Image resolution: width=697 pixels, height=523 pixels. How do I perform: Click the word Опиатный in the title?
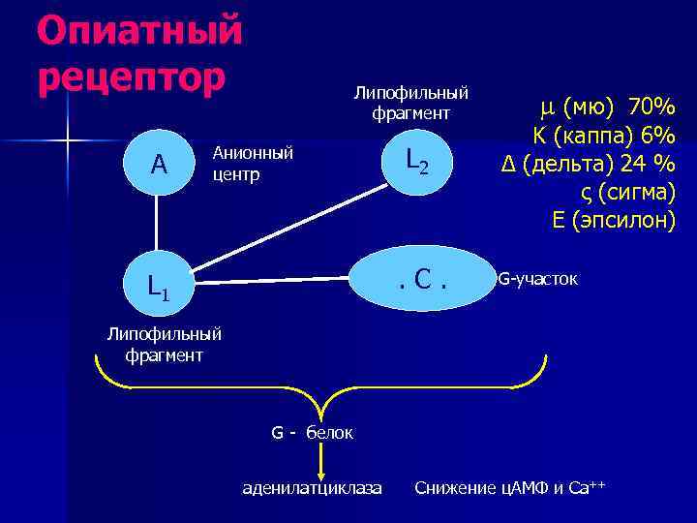click(x=139, y=31)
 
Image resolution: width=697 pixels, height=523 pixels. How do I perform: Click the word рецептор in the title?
click(x=131, y=76)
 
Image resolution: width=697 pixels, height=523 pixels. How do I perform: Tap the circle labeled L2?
click(x=415, y=163)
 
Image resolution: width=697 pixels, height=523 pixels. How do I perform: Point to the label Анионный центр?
click(x=252, y=165)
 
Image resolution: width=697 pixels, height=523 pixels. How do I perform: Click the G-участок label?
click(x=537, y=280)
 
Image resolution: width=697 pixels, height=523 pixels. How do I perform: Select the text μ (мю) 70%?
click(x=606, y=105)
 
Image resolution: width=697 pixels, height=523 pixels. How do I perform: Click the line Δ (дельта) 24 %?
click(x=588, y=163)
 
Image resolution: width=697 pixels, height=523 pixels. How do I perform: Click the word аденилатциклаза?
click(x=311, y=486)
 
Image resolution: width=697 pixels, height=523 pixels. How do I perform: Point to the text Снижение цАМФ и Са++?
click(x=509, y=486)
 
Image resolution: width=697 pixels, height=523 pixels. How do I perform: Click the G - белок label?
click(x=312, y=432)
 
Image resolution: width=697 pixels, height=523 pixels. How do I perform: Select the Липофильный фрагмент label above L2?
click(x=410, y=104)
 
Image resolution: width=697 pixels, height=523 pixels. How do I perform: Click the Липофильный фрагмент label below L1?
click(x=164, y=345)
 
